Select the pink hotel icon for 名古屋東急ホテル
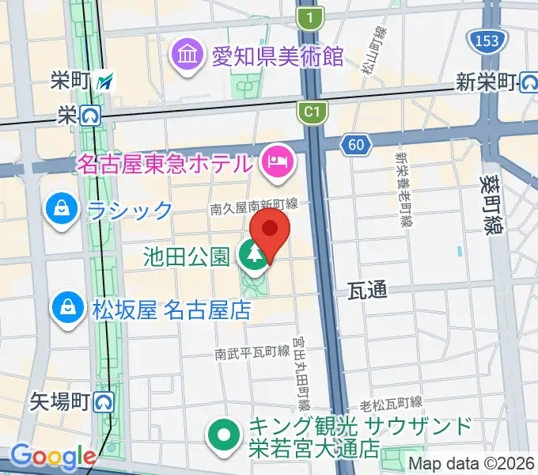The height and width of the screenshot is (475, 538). [277, 164]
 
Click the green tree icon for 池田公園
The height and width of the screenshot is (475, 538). [254, 255]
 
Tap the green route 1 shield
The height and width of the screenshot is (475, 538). [313, 17]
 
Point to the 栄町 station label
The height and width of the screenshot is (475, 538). [73, 80]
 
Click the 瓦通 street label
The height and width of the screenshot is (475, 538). [367, 291]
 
